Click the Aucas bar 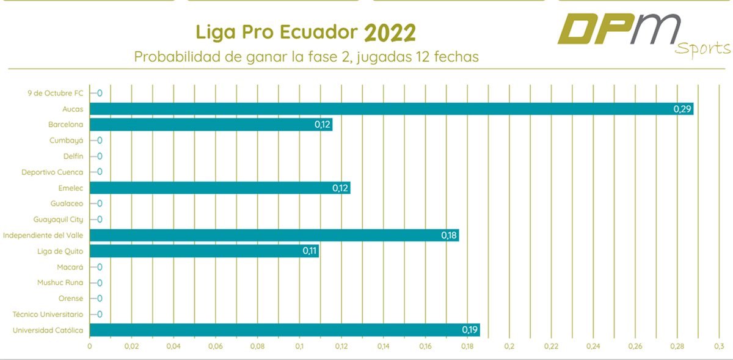coord(391,109)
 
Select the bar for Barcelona coord(211,125)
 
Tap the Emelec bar coord(220,188)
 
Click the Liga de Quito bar coord(204,251)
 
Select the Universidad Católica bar coord(285,330)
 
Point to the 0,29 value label coord(682,109)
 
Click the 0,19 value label coord(470,330)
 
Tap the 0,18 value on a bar coord(449,235)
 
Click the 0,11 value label coord(310,251)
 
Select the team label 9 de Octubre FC coord(56,93)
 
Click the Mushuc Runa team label coord(60,282)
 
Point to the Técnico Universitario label coord(48,314)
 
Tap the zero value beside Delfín coord(99,156)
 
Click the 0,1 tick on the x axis coord(299,346)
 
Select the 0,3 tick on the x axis coord(718,346)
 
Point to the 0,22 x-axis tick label coord(551,346)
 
